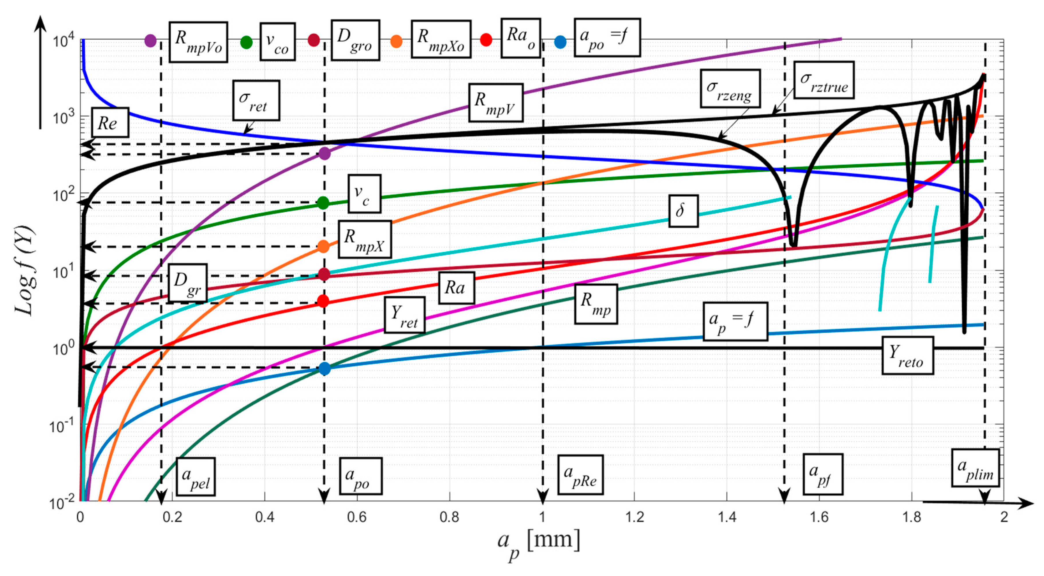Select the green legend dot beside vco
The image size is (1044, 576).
click(246, 42)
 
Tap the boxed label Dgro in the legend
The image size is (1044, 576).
click(355, 40)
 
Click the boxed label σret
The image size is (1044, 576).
click(256, 100)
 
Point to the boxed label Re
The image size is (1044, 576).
click(109, 122)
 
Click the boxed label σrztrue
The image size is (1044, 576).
click(823, 80)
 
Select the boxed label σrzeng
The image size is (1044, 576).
click(730, 88)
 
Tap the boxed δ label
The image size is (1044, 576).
click(683, 211)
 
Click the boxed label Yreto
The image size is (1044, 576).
click(907, 356)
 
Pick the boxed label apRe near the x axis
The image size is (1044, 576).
click(580, 474)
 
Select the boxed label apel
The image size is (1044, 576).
click(195, 477)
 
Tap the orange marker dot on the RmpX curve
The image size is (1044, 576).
click(323, 246)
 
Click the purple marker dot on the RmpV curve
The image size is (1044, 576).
click(324, 154)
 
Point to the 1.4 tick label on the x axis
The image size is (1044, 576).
click(727, 517)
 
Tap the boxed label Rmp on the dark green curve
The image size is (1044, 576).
click(595, 304)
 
